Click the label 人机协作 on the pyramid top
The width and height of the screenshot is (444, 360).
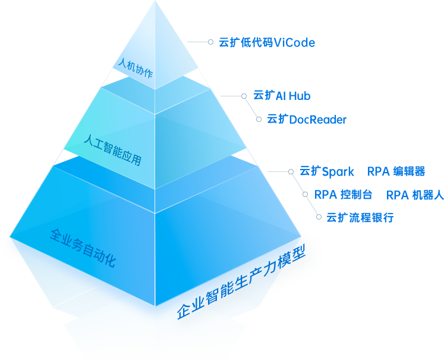[x=135, y=68]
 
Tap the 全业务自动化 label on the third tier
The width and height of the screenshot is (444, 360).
[x=83, y=246]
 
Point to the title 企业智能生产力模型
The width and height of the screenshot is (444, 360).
[x=241, y=283]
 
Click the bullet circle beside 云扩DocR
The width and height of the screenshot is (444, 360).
[x=259, y=119]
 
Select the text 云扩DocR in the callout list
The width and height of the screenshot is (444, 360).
[x=290, y=119]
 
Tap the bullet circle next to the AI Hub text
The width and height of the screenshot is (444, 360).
[x=244, y=96]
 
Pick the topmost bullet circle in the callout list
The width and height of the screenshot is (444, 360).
[x=210, y=42]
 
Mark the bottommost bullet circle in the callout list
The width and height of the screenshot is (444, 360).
[x=319, y=217]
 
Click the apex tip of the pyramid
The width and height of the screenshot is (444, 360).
[x=156, y=2]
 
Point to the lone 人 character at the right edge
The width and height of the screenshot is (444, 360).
[x=440, y=195]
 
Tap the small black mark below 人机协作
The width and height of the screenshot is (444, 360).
[x=125, y=76]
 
